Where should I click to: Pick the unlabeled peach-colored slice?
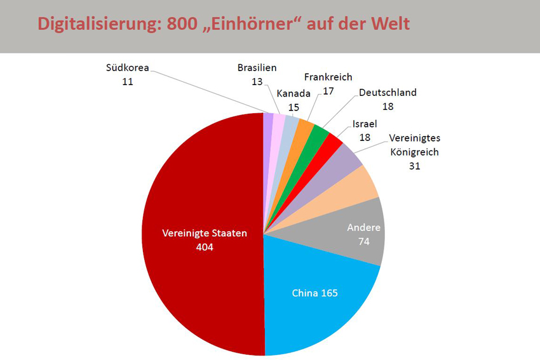coord(359,181)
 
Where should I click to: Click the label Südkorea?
coord(128,69)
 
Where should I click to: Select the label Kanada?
coord(294,93)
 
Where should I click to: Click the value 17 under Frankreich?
coord(328,91)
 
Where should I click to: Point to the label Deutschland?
coord(388,93)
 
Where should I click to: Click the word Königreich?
coord(415,152)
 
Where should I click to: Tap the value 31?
coord(415,166)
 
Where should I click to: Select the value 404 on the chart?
coord(205,247)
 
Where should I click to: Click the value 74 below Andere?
coord(363,241)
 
